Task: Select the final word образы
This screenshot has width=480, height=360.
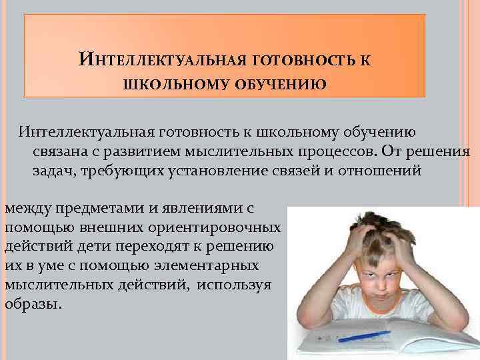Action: click(x=32, y=303)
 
